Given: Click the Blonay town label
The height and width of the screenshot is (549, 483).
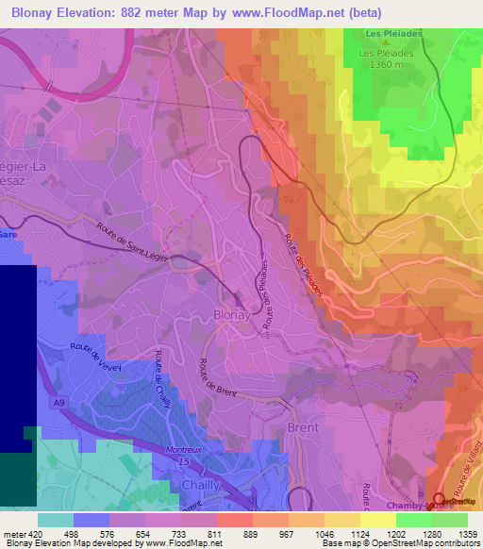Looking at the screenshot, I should click(x=232, y=316).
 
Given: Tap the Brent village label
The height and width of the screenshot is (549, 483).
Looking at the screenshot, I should click(x=303, y=427).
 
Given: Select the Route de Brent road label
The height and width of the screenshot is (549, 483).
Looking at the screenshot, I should click(x=218, y=383).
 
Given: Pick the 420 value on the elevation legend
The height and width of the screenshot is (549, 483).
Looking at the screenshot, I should click(x=37, y=533).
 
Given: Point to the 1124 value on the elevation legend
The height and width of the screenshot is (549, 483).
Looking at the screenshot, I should click(x=360, y=533).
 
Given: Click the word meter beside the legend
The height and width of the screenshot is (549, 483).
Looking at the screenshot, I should click(x=15, y=533).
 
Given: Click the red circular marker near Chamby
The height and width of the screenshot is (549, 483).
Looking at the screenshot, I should click(x=439, y=499).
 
